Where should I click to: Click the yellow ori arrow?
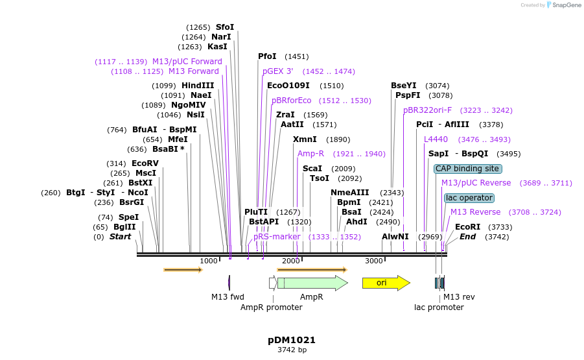pyautogui.click(x=386, y=283)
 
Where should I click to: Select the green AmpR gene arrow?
pyautogui.click(x=312, y=283)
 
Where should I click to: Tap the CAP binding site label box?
pyautogui.click(x=468, y=169)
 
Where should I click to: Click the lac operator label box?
pyautogui.click(x=469, y=198)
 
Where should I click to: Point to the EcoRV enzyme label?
pyautogui.click(x=145, y=163)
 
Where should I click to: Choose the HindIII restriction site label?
pyautogui.click(x=198, y=86)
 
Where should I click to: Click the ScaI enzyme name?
pyautogui.click(x=312, y=169)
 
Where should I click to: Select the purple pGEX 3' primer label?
pyautogui.click(x=277, y=71)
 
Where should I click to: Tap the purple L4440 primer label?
pyautogui.click(x=436, y=139)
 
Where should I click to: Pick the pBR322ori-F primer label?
pyautogui.click(x=427, y=110)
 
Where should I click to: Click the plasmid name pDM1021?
pyautogui.click(x=292, y=340)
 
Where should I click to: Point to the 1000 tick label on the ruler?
pyautogui.click(x=209, y=261)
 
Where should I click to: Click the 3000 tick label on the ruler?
pyautogui.click(x=374, y=261)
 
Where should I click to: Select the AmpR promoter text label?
pyautogui.click(x=272, y=307)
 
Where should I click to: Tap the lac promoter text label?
pyautogui.click(x=439, y=307)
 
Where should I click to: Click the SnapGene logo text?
pyautogui.click(x=565, y=5)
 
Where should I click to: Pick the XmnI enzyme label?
pyautogui.click(x=305, y=139)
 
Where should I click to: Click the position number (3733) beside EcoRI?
pyautogui.click(x=500, y=227)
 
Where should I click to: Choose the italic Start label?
pyautogui.click(x=120, y=237)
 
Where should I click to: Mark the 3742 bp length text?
pyautogui.click(x=292, y=350)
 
